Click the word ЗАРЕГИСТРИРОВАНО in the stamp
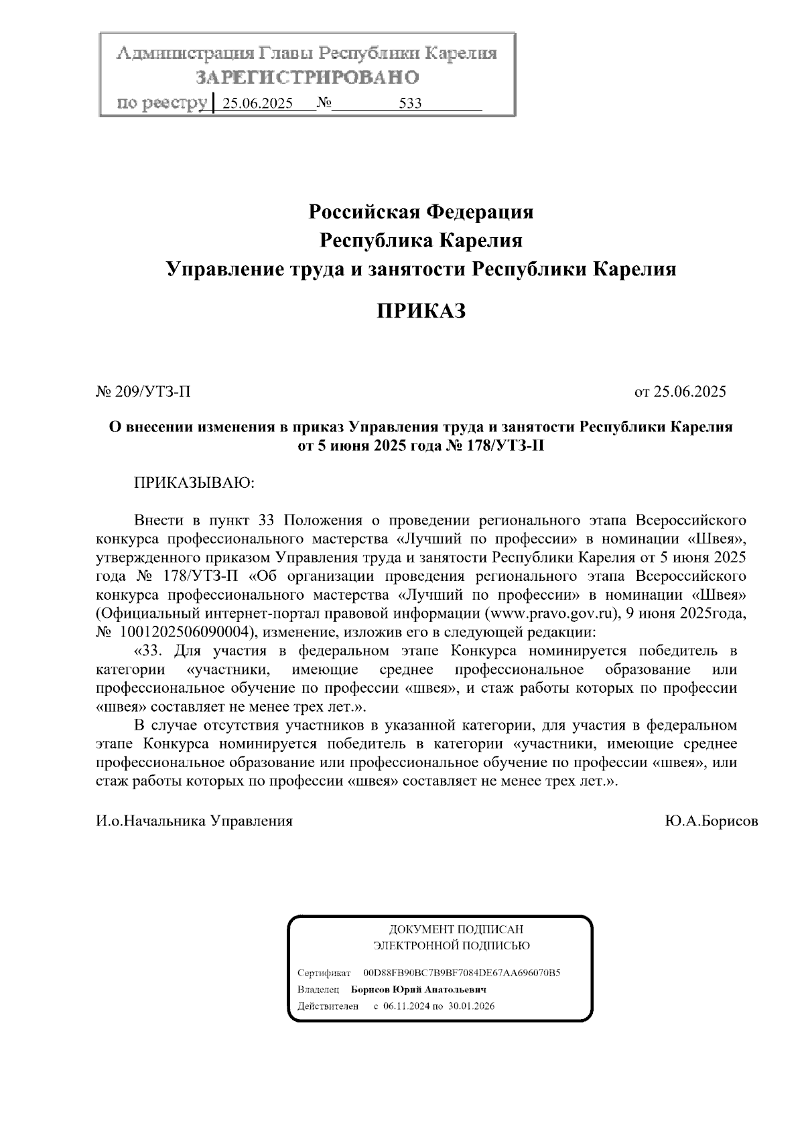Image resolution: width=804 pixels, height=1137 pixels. pos(308,78)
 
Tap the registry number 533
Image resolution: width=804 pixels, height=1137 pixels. pos(409,104)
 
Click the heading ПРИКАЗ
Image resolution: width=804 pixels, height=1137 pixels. pos(420,311)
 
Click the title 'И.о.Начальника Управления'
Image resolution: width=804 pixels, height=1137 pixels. pos(195,821)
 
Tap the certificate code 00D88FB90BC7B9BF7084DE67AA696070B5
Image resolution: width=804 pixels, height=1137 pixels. pos(462,972)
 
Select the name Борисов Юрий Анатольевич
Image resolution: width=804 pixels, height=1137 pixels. pos(419,990)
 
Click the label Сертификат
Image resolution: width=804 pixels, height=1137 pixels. pos(324,972)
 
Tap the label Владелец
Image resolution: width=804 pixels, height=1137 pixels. pos(318,990)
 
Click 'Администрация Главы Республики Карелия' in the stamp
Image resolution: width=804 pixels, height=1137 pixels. pos(308,54)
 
